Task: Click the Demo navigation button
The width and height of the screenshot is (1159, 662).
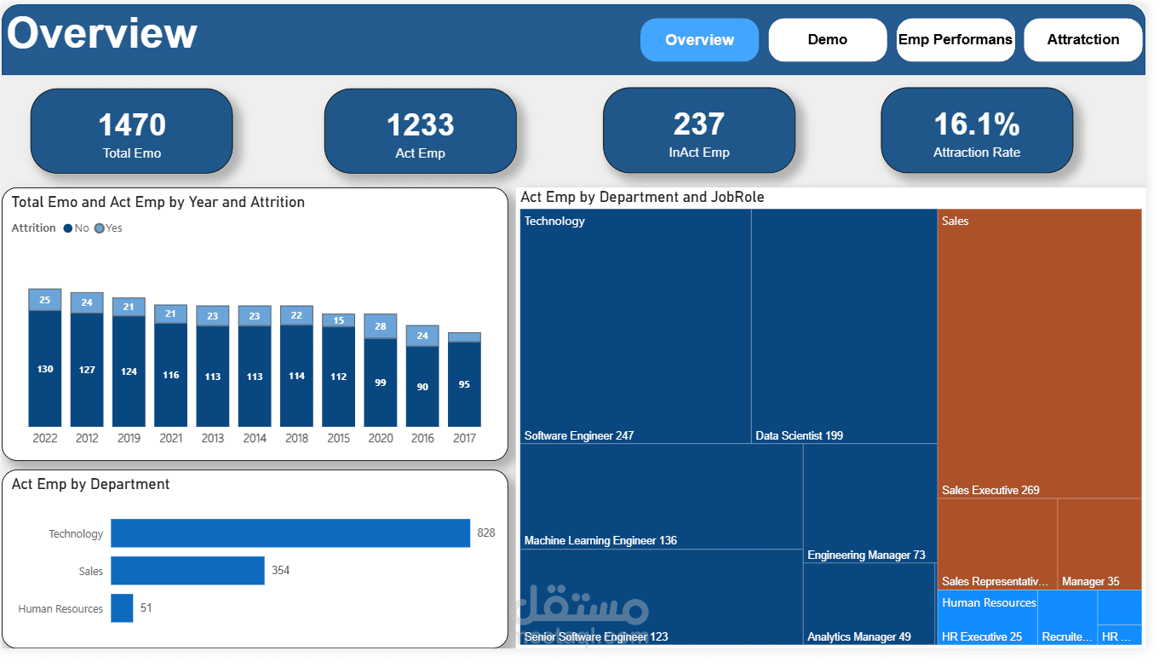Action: pyautogui.click(x=827, y=40)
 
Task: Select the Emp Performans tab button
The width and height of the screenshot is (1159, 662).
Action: pyautogui.click(x=955, y=40)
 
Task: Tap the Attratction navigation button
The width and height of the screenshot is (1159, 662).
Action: pyautogui.click(x=1082, y=40)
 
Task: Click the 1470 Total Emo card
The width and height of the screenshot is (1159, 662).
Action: pyautogui.click(x=131, y=132)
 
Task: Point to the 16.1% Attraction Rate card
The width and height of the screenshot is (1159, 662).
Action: pyautogui.click(x=976, y=131)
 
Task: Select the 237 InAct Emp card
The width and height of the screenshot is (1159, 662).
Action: pyautogui.click(x=698, y=131)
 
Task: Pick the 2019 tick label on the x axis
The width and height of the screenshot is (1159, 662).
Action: pyautogui.click(x=129, y=438)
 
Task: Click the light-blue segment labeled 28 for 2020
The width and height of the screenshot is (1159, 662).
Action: pyautogui.click(x=380, y=327)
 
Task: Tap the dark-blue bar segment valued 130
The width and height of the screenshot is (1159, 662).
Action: pyautogui.click(x=45, y=369)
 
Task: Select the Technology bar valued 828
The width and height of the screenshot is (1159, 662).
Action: pyautogui.click(x=290, y=533)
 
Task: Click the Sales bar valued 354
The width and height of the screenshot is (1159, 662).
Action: pyautogui.click(x=187, y=571)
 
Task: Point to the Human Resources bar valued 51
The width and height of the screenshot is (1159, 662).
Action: pyautogui.click(x=122, y=608)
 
